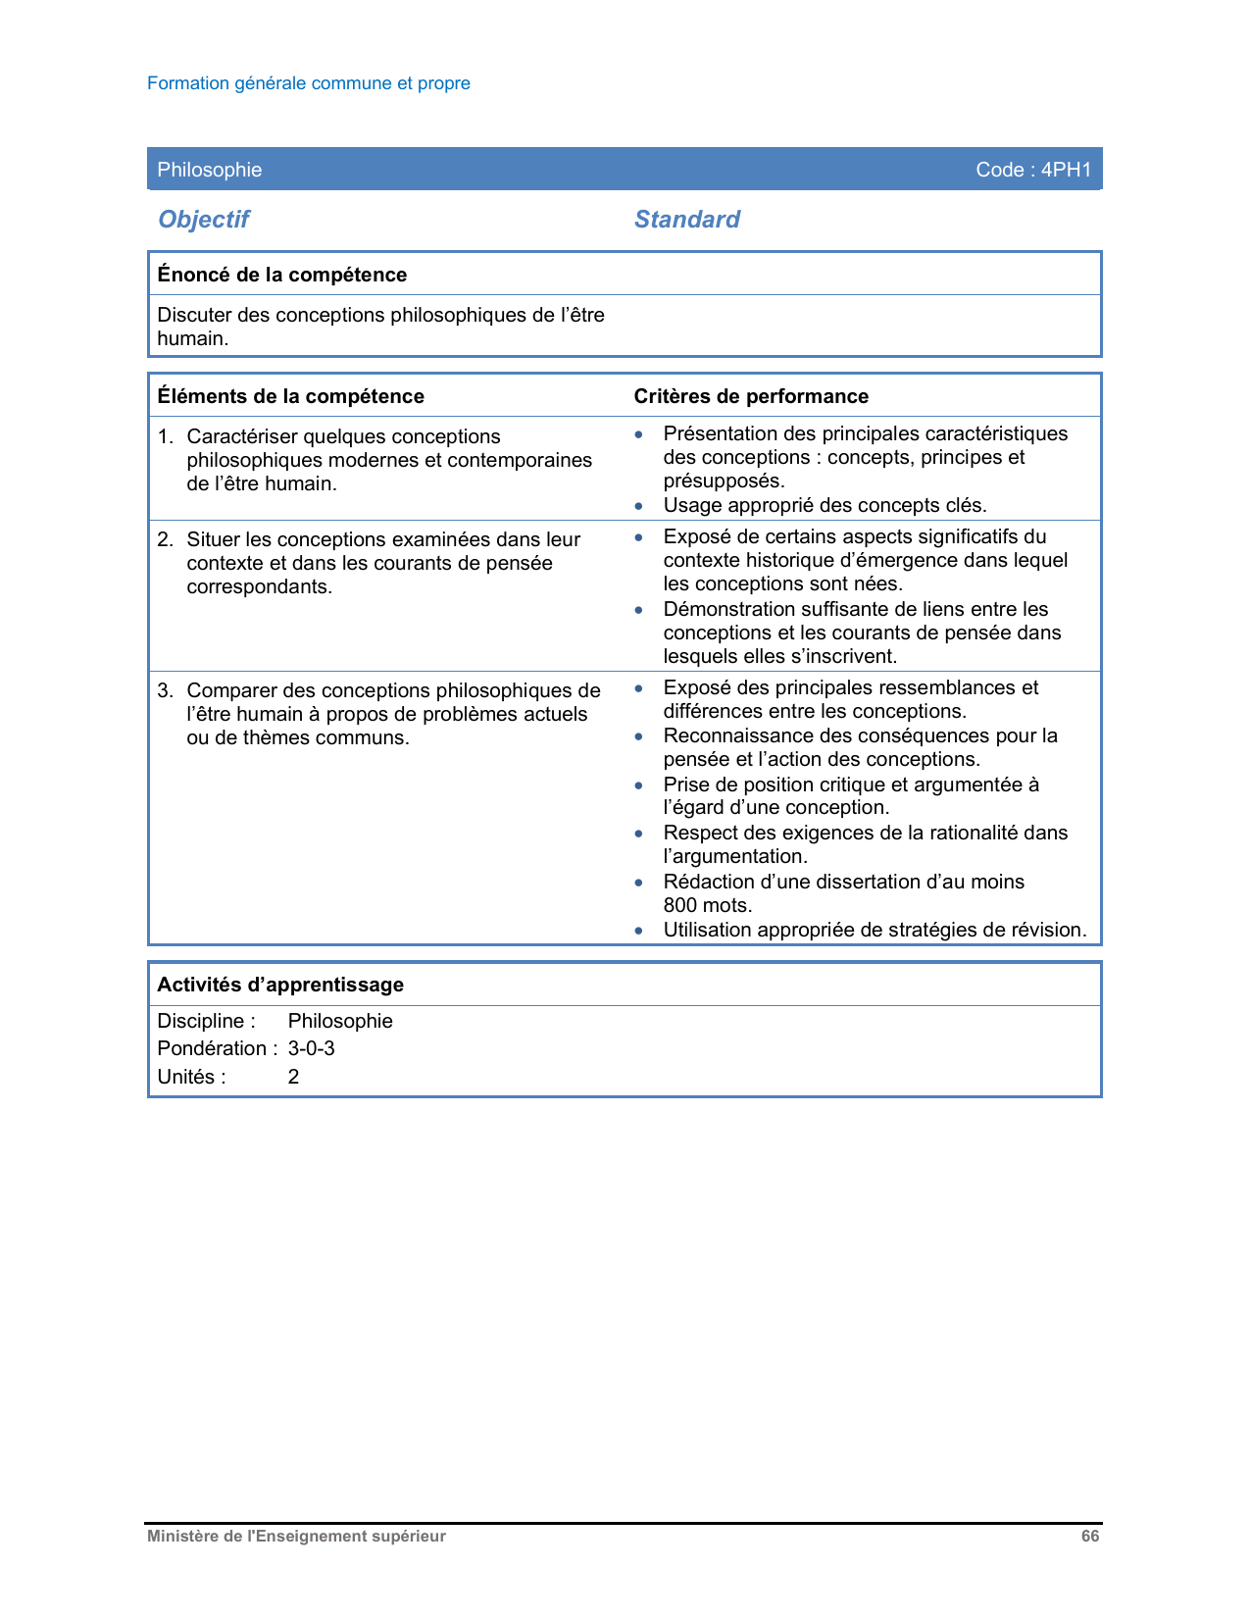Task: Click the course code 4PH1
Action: tap(1066, 170)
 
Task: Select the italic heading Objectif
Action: tap(204, 220)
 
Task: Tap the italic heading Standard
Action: tap(686, 220)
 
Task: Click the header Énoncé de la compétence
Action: tap(281, 275)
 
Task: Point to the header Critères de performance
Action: tap(751, 396)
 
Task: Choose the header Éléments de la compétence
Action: tap(290, 396)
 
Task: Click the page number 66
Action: tap(1090, 1537)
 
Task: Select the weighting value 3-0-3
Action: tap(311, 1048)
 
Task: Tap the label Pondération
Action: tap(212, 1048)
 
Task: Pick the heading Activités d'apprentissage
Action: tap(279, 985)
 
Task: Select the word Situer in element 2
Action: tap(214, 539)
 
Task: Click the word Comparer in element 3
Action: tap(228, 690)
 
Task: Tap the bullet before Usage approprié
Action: tap(639, 506)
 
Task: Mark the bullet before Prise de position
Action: tap(639, 785)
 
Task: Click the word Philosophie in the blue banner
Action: tap(209, 170)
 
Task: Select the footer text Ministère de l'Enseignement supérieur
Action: tap(296, 1537)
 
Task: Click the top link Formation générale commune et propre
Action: tap(308, 83)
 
